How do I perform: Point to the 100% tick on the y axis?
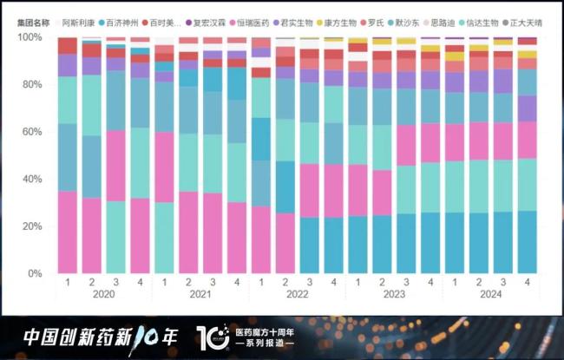30,37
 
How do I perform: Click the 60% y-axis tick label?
32,132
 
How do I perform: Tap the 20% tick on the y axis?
32,226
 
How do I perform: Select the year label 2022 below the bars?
298,295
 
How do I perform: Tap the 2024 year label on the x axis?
491,295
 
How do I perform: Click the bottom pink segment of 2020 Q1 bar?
68,232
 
